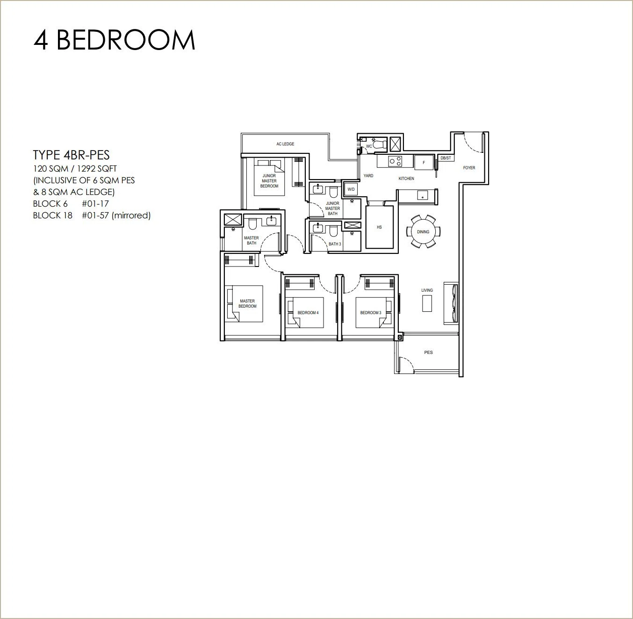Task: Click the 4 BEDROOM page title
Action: [x=114, y=40]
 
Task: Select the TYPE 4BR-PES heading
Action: [x=71, y=155]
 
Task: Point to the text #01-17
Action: [x=95, y=204]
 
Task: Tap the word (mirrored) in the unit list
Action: [x=131, y=216]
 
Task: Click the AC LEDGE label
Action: [x=285, y=144]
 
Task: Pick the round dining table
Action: [x=423, y=231]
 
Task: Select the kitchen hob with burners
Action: [x=396, y=161]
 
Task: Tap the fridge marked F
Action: [x=424, y=162]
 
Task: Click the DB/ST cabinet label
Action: [x=446, y=158]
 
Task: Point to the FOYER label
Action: [x=469, y=168]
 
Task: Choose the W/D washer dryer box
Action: [x=351, y=189]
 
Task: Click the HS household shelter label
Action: [x=379, y=227]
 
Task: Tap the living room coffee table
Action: [x=427, y=303]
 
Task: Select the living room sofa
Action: [x=451, y=303]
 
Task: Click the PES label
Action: [x=428, y=352]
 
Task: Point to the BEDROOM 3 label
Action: [x=371, y=313]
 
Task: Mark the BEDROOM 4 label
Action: [x=308, y=313]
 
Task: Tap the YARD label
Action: [x=368, y=176]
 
